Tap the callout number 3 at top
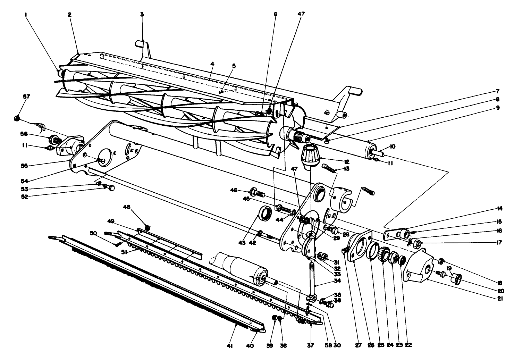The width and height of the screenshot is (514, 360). pyautogui.click(x=142, y=14)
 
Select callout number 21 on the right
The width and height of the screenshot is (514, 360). pyautogui.click(x=500, y=298)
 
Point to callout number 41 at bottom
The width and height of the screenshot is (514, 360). pyautogui.click(x=229, y=346)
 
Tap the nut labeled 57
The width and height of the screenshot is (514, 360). pyautogui.click(x=16, y=119)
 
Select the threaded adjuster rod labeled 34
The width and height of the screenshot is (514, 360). pyautogui.click(x=313, y=278)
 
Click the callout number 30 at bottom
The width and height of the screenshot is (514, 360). pyautogui.click(x=337, y=346)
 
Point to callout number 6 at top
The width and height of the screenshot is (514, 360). pyautogui.click(x=275, y=14)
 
